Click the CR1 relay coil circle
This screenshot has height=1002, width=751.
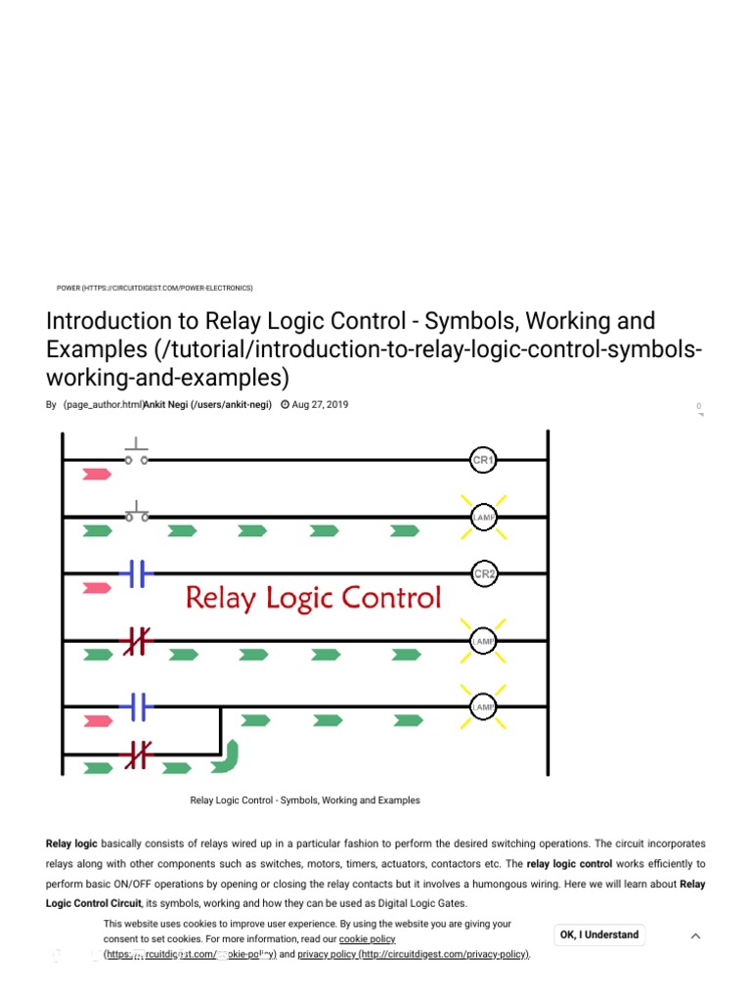click(x=483, y=460)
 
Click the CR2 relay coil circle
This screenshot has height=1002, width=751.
click(x=484, y=574)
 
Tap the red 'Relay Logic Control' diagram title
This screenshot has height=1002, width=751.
click(x=313, y=597)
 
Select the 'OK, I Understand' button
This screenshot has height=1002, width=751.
click(x=598, y=934)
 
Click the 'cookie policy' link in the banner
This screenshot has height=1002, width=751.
click(x=367, y=938)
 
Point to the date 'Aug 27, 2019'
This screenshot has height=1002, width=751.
click(x=320, y=404)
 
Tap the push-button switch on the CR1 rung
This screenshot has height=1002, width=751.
click(x=136, y=454)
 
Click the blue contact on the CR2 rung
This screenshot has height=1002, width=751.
click(x=136, y=574)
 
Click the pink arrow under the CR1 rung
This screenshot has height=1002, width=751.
click(x=97, y=475)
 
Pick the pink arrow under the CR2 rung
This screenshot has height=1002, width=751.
click(x=97, y=588)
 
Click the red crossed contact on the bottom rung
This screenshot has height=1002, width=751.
click(x=136, y=754)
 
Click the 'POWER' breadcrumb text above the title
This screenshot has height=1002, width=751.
click(x=68, y=288)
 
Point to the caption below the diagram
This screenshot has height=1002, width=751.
click(x=305, y=800)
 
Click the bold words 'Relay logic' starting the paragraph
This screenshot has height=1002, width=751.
click(x=71, y=843)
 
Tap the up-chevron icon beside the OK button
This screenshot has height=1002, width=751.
click(x=695, y=935)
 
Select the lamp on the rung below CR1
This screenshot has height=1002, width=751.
click(x=484, y=517)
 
